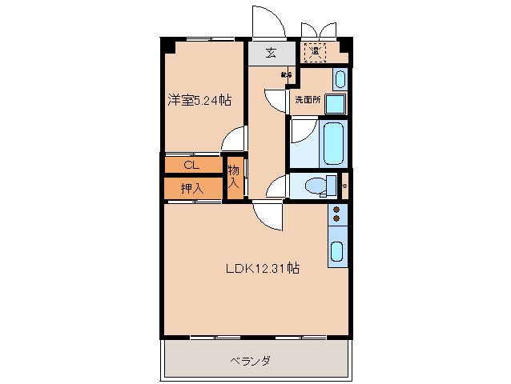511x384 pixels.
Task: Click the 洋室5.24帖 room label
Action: point(199,101)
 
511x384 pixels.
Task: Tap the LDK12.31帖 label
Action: point(261,269)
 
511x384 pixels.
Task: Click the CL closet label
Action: point(191,166)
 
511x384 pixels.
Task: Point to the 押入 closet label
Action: point(191,189)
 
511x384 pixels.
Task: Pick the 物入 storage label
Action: point(233,177)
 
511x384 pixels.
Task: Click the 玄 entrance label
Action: point(271,54)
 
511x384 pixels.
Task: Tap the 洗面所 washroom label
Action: point(307,101)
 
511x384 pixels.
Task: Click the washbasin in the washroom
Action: point(340,79)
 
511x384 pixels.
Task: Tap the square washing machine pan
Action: point(336,105)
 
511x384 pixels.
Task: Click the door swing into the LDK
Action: point(267,215)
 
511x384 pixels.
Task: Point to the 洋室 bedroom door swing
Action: point(234,139)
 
